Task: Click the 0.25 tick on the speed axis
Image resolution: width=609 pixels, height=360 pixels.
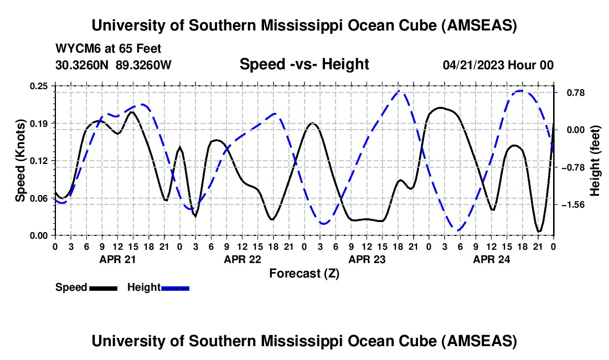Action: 40,86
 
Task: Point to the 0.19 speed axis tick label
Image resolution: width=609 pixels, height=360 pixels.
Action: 40,123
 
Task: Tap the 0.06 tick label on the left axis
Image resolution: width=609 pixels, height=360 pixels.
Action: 40,198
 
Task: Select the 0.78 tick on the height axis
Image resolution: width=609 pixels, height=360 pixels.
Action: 570,92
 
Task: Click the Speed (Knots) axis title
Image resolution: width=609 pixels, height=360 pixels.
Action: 20,160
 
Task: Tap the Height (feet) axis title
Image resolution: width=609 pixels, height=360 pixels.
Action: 595,160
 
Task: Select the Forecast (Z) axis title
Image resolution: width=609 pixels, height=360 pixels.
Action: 304,274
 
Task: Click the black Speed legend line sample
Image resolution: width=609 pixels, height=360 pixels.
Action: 103,288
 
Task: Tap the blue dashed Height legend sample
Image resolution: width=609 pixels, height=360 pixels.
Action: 176,288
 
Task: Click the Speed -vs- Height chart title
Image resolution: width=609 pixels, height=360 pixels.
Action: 304,64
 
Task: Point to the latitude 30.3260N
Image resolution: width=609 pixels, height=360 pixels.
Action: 82,65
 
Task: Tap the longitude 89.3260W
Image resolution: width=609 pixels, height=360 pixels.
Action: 144,65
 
